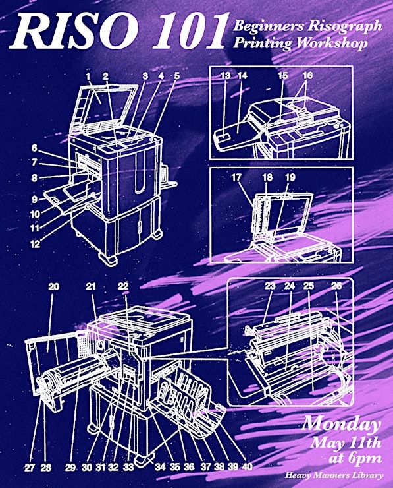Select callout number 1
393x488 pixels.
coord(88,76)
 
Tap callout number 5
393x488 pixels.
coord(176,76)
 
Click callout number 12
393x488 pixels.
coord(35,244)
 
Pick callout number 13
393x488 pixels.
coord(226,76)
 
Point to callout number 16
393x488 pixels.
coord(307,76)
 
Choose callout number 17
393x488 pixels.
coord(236,177)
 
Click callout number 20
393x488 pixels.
coord(53,286)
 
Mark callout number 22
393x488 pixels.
coord(123,286)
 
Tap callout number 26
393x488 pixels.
coord(336,286)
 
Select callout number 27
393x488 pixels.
coord(29,468)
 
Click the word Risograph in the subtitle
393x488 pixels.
coord(345,26)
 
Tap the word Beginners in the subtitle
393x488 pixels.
coord(269,26)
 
